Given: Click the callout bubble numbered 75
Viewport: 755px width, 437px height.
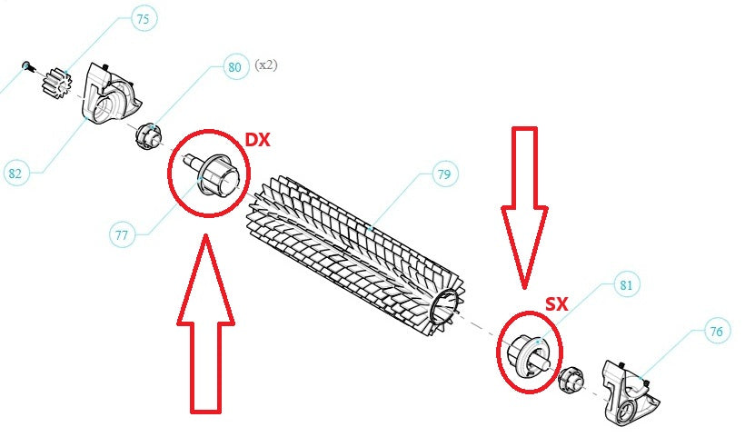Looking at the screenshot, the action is coord(144,19).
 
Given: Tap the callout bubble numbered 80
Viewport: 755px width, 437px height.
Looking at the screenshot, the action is coord(235,66).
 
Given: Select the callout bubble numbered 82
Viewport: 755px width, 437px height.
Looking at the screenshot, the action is coord(15,173).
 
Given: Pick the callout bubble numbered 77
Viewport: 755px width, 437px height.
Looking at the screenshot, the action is coord(123,235).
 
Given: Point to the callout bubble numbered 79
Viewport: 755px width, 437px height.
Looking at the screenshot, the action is coord(444,174).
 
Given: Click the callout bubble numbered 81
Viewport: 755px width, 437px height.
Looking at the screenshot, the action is coord(626,285).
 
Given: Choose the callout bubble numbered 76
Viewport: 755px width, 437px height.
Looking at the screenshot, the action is coord(717,331).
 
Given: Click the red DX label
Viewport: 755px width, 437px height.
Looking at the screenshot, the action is coord(258,140).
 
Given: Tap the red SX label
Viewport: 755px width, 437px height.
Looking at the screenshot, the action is coord(557,304).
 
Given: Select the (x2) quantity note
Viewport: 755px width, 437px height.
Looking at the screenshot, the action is coord(266,65).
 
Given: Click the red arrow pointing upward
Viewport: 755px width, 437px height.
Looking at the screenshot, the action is coord(206,323).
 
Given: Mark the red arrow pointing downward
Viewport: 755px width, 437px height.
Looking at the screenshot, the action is coord(524,208).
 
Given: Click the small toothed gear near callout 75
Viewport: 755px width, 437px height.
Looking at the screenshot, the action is coord(56,84).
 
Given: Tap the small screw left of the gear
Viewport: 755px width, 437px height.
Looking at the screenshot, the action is coord(27,66).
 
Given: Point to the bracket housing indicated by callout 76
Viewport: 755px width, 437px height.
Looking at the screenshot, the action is coord(629,392).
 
